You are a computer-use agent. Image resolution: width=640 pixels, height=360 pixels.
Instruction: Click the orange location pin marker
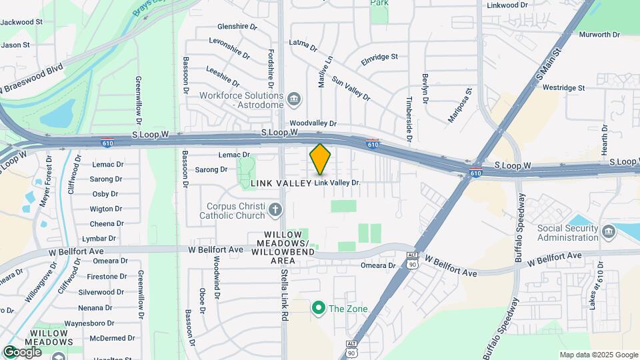(x=320, y=159)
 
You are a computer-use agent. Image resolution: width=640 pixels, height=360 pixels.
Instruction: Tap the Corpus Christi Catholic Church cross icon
(x=275, y=211)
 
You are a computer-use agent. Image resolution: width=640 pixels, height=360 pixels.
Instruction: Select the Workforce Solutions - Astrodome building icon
(x=294, y=101)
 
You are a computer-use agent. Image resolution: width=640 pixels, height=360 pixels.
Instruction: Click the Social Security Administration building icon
(x=607, y=231)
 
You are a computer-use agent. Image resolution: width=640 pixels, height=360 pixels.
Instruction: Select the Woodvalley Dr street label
(x=313, y=123)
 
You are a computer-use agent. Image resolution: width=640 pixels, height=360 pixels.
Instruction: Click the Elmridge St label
(x=379, y=57)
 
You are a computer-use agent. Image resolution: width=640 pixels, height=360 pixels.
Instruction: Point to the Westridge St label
(x=563, y=87)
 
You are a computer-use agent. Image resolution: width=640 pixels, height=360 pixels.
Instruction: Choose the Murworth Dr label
(x=597, y=34)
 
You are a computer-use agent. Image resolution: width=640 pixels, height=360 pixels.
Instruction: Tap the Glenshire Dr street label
(x=237, y=27)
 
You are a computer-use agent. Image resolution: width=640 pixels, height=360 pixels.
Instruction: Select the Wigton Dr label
(x=106, y=209)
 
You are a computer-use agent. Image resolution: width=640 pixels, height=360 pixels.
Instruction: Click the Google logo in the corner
(x=22, y=351)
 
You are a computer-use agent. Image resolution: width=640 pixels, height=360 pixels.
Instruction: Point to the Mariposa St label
(x=460, y=105)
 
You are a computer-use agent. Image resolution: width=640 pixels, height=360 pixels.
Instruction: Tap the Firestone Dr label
(x=105, y=276)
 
